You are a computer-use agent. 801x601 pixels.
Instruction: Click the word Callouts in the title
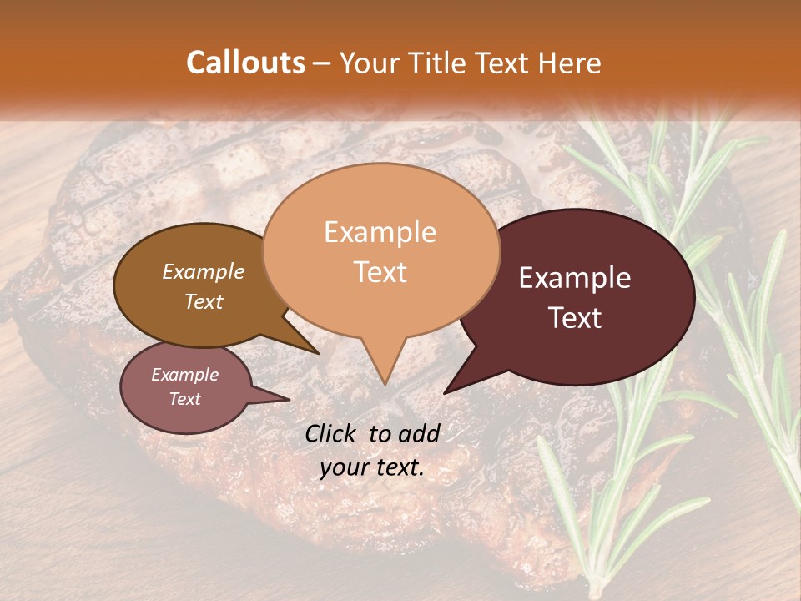pyautogui.click(x=245, y=63)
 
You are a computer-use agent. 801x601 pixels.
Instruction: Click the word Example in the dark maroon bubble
pyautogui.click(x=575, y=278)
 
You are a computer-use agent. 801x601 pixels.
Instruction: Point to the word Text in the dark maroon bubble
pyautogui.click(x=575, y=318)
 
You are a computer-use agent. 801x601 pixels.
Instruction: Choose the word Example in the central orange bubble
pyautogui.click(x=380, y=232)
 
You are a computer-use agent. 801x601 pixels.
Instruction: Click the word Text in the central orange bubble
pyautogui.click(x=380, y=272)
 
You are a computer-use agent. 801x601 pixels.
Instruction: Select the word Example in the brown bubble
pyautogui.click(x=203, y=272)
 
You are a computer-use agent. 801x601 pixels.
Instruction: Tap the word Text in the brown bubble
pyautogui.click(x=203, y=301)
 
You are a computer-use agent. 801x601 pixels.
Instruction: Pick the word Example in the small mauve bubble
pyautogui.click(x=184, y=375)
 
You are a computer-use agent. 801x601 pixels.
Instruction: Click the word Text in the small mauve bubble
pyautogui.click(x=184, y=399)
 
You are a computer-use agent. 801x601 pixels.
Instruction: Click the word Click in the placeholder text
pyautogui.click(x=333, y=433)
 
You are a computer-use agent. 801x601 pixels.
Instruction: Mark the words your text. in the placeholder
pyautogui.click(x=372, y=468)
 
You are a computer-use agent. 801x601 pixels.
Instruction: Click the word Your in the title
pyautogui.click(x=366, y=63)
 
